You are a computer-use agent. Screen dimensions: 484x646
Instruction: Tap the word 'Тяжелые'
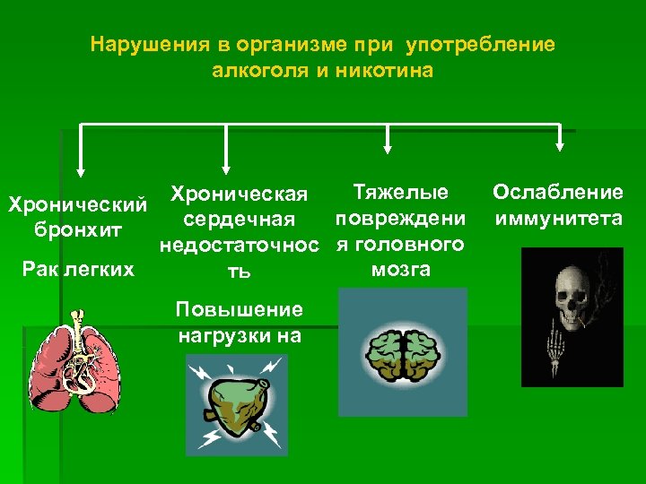(x=401, y=192)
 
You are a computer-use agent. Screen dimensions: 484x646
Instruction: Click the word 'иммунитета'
(x=556, y=218)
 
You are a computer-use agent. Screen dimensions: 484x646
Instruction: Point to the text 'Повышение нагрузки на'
(x=239, y=323)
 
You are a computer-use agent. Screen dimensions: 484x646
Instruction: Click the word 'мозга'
(x=399, y=269)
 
